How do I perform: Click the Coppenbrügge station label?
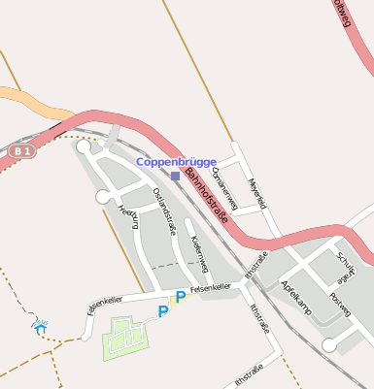[176, 162]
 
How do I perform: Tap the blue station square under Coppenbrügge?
[175, 176]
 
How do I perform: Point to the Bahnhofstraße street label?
[206, 198]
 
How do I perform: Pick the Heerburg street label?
[128, 218]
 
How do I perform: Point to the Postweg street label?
[339, 307]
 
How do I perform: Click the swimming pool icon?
[40, 326]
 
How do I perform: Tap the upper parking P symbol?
[180, 298]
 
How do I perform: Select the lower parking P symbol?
[163, 311]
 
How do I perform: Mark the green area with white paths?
[126, 338]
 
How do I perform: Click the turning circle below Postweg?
[329, 344]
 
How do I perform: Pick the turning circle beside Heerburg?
[102, 198]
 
